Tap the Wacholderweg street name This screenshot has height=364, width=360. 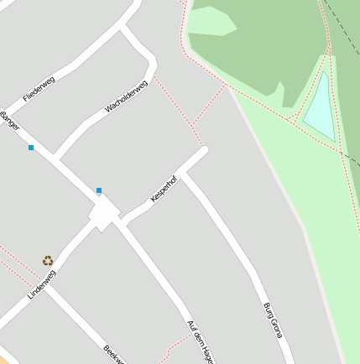(126, 96)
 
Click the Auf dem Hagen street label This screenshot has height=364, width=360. (200, 341)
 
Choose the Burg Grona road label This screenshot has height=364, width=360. (273, 320)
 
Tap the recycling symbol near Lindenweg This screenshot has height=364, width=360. (48, 261)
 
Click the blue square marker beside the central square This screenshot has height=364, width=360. (99, 190)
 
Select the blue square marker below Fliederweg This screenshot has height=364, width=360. (31, 148)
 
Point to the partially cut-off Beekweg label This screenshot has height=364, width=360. (114, 355)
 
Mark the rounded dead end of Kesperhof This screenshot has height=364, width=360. (202, 153)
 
